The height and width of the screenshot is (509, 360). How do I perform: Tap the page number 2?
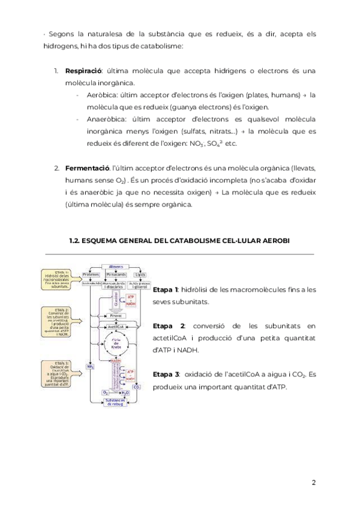click(x=313, y=483)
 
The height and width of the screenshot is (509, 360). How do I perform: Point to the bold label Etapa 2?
click(x=166, y=326)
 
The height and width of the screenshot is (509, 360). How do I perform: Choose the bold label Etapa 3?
click(x=166, y=374)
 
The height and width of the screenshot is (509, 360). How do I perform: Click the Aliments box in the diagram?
click(x=115, y=267)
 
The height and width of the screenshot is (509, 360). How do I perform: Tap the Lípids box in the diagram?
click(x=140, y=274)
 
